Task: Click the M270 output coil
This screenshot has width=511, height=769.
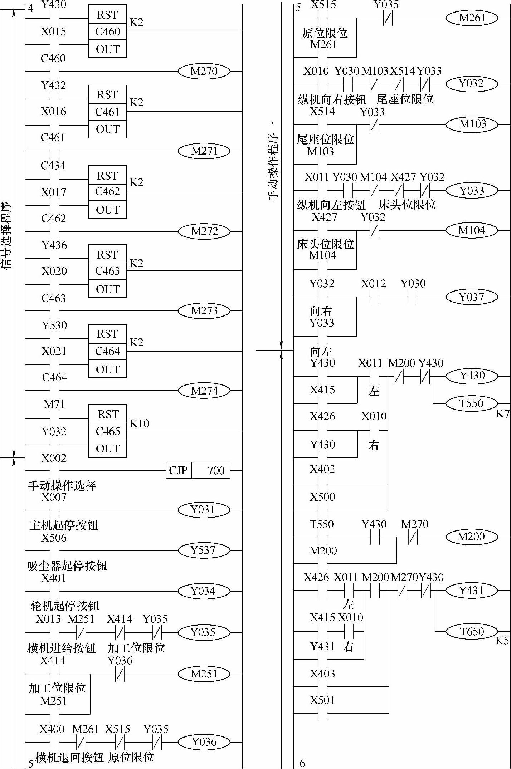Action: [204, 71]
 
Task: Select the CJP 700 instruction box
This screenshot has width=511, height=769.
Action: [198, 470]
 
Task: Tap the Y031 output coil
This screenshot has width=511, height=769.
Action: [204, 510]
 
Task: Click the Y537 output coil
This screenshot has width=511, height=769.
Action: [204, 550]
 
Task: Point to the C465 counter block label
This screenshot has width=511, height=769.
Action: [107, 431]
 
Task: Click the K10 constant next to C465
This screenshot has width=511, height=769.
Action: [139, 423]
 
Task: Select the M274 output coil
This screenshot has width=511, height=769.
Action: [204, 391]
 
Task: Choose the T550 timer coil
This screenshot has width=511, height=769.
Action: [472, 403]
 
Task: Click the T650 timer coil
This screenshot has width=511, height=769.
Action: [472, 632]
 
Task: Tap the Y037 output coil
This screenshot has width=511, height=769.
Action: [472, 297]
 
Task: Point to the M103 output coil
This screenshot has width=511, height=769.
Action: [472, 124]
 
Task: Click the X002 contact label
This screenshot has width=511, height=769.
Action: [54, 458]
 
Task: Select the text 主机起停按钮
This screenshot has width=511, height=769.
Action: [64, 525]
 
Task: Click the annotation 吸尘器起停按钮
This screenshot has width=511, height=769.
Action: [67, 566]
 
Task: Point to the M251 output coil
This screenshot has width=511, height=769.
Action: [204, 674]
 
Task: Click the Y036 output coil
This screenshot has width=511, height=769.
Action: [204, 742]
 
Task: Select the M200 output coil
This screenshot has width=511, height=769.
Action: [472, 537]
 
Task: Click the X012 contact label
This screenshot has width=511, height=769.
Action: [374, 284]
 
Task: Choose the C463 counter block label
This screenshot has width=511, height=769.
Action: [107, 271]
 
